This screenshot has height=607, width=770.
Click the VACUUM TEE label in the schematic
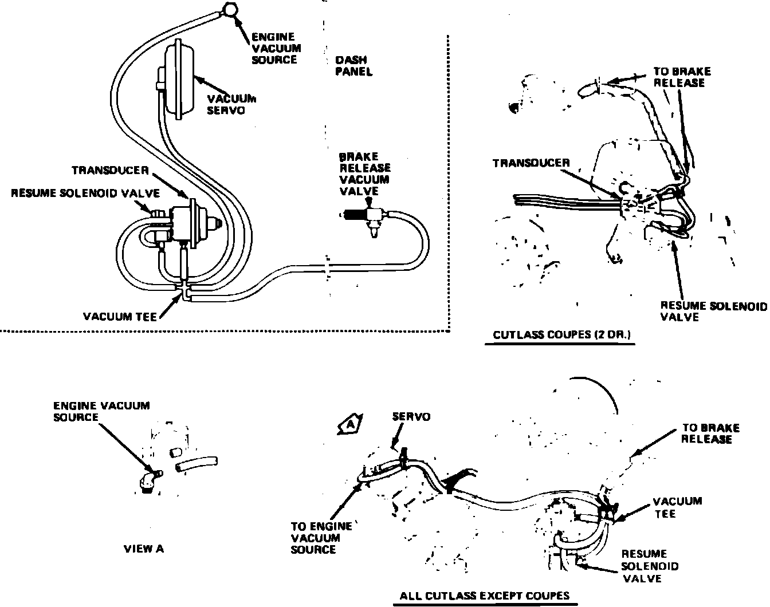tap(120, 316)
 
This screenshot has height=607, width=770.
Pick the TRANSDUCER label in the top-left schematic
tap(111, 171)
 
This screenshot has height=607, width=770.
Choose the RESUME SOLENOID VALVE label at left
tap(85, 194)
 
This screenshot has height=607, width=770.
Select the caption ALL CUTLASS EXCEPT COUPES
tap(484, 595)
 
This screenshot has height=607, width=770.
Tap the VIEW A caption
tap(144, 549)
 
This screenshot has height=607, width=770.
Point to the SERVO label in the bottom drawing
tap(411, 417)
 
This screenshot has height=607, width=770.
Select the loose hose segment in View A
tap(197, 464)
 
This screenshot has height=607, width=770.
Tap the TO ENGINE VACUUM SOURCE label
tap(314, 538)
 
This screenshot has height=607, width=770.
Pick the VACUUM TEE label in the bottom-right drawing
tap(677, 507)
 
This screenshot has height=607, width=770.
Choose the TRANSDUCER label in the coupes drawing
tap(531, 163)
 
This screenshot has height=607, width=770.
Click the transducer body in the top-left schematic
tap(189, 220)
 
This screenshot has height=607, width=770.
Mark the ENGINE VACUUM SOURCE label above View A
tap(101, 411)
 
